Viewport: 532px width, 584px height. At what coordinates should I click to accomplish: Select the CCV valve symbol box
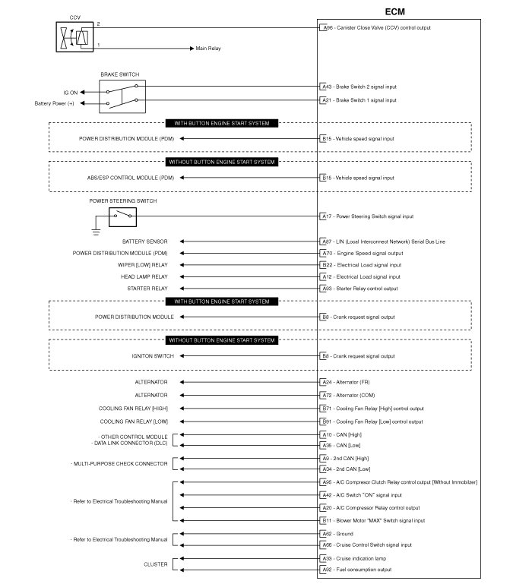point(75,37)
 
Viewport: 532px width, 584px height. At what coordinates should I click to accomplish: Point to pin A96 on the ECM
point(327,28)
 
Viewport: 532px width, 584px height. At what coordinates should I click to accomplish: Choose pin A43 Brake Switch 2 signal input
point(327,87)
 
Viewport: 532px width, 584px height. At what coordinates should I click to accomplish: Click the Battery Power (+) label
point(54,103)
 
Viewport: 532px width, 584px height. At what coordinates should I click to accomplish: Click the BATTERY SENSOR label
point(145,241)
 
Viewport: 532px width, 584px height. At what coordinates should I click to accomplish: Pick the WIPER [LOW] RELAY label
point(143,265)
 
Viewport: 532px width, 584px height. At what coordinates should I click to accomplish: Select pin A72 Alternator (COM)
point(327,396)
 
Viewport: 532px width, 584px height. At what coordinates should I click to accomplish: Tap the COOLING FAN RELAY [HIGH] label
point(133,409)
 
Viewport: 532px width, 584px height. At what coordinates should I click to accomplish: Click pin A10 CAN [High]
point(327,435)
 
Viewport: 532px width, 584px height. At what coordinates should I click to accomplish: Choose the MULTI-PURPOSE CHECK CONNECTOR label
point(119,462)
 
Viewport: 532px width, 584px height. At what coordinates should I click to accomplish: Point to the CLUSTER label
point(156,564)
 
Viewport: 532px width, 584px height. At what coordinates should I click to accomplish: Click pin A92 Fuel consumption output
point(327,570)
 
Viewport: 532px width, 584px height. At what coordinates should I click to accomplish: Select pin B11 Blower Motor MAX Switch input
point(327,520)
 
